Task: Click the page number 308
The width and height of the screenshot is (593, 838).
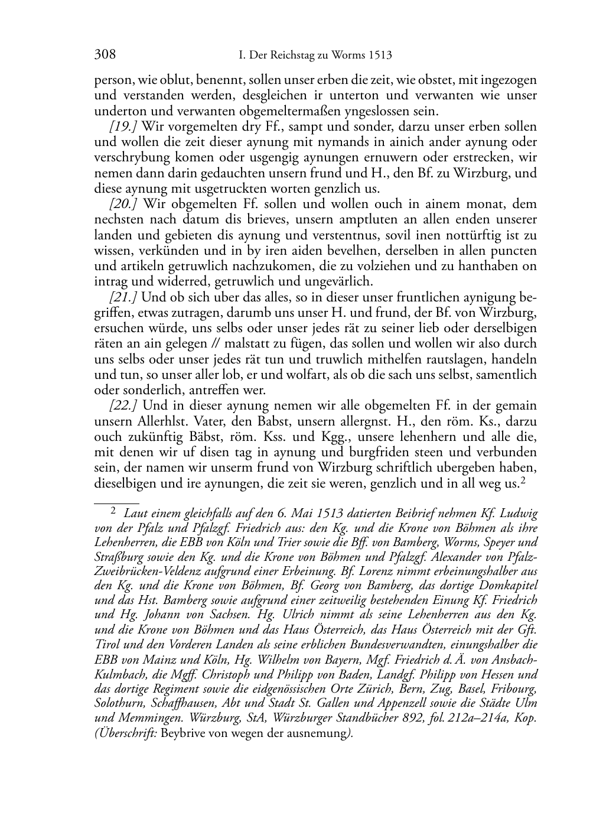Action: pyautogui.click(x=105, y=55)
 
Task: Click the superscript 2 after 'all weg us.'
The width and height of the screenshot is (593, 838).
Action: pyautogui.click(x=523, y=480)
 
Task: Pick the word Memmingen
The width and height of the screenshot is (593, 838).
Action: pyautogui.click(x=149, y=719)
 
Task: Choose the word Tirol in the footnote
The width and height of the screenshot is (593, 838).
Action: pyautogui.click(x=107, y=642)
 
